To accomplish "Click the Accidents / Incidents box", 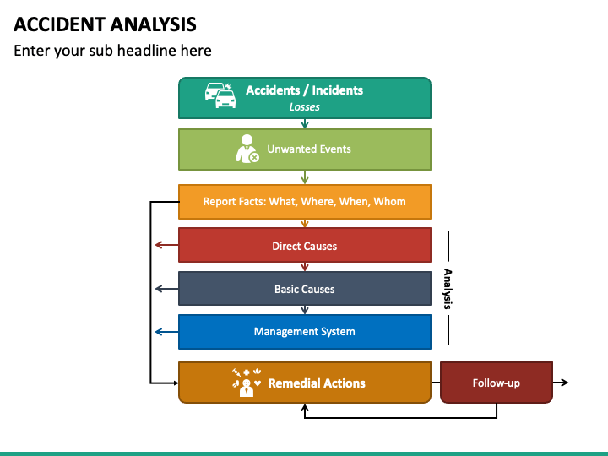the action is (x=304, y=98).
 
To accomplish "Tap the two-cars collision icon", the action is (x=220, y=95).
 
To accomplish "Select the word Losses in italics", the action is (x=304, y=107).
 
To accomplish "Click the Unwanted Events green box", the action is (x=304, y=149).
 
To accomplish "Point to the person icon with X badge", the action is (x=247, y=149).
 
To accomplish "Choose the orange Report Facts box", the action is (x=304, y=202).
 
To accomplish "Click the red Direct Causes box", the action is (x=304, y=245).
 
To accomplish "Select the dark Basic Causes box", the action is (x=304, y=289).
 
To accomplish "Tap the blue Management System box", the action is (x=304, y=332).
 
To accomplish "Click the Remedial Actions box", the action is (x=304, y=383).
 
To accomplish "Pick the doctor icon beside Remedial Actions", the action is (x=247, y=383).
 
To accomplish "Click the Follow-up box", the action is (x=497, y=383).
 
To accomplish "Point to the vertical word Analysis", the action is (x=448, y=289).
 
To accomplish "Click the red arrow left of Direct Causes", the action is (x=166, y=245).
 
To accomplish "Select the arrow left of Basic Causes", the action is (x=166, y=289).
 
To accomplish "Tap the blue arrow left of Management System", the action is (x=166, y=332).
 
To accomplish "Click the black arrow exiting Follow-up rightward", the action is (x=561, y=383).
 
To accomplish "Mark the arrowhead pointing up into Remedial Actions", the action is (x=305, y=408).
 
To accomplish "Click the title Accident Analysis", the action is (x=105, y=24).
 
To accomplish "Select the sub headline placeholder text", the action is (x=112, y=51).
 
